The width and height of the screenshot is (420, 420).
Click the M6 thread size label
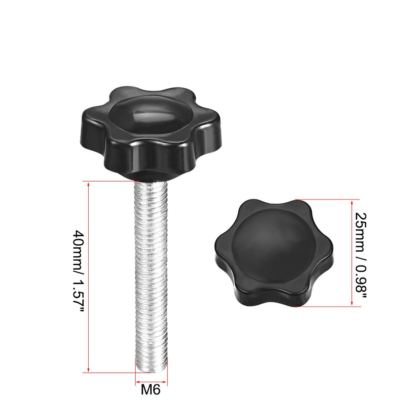pyautogui.click(x=151, y=390)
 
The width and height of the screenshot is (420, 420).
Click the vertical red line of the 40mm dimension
pyautogui.click(x=89, y=277)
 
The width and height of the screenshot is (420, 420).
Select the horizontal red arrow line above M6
pyautogui.click(x=151, y=383)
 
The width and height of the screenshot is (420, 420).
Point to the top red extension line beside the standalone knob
pyautogui.click(x=328, y=199)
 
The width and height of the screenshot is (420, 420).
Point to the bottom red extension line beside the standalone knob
pyautogui.click(x=328, y=307)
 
